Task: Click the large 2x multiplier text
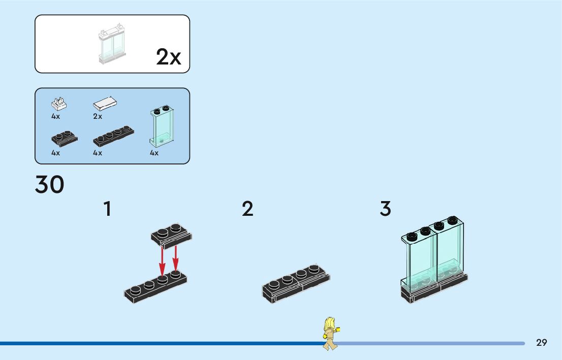[x=168, y=57]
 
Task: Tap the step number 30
[x=50, y=185]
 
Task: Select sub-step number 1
[x=107, y=209]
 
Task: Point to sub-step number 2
[x=247, y=209]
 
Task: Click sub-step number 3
[x=386, y=209]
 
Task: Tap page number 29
[x=542, y=343]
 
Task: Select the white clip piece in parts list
[x=59, y=104]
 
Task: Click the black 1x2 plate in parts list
[x=64, y=138]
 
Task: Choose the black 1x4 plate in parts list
[x=113, y=136]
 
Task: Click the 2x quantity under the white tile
[x=98, y=117]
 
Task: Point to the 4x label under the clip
[x=56, y=117]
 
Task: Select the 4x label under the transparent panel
[x=154, y=153]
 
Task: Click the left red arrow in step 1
[x=162, y=259]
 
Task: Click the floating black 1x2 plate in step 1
[x=171, y=234]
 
